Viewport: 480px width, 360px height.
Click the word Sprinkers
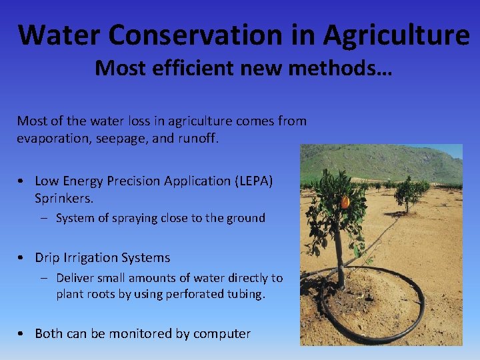click(x=64, y=198)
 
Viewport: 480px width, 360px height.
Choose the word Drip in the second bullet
click(x=48, y=257)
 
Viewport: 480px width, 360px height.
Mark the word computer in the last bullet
click(x=222, y=333)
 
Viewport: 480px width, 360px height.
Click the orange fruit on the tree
click(x=345, y=201)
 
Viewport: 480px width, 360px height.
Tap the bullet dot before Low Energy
click(x=22, y=181)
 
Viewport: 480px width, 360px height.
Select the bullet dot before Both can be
click(x=22, y=334)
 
